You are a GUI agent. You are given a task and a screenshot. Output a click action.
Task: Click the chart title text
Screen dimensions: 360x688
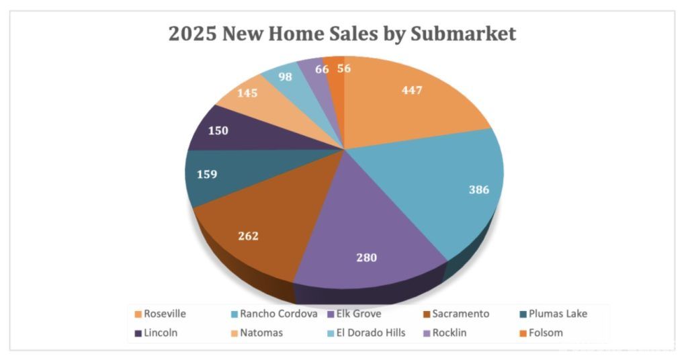pos(343,34)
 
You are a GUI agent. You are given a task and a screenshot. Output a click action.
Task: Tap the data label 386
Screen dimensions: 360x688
pos(478,189)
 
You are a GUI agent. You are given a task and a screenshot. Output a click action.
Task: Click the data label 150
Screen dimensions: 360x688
pos(218,130)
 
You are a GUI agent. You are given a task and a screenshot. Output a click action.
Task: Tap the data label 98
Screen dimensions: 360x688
pos(285,77)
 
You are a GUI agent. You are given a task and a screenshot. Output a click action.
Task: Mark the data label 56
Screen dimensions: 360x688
pos(344,69)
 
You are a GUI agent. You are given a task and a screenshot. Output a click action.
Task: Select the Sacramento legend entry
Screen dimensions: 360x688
pos(461,314)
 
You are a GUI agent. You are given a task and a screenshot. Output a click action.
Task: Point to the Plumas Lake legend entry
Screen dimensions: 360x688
pos(558,314)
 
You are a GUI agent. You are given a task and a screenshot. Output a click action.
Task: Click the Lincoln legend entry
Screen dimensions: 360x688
pos(161,332)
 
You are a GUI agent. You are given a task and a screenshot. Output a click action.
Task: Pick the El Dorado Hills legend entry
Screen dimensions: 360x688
pos(372,332)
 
